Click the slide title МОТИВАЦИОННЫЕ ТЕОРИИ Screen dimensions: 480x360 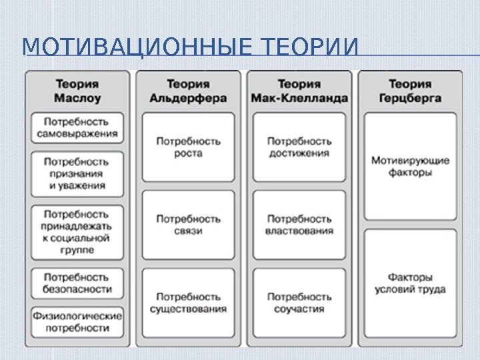pyautogui.click(x=189, y=49)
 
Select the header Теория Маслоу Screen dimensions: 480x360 pyautogui.click(x=77, y=91)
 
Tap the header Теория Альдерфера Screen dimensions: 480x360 pyautogui.click(x=188, y=91)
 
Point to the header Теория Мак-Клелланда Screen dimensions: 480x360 pyautogui.click(x=299, y=91)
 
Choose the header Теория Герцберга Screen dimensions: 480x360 pyautogui.click(x=410, y=91)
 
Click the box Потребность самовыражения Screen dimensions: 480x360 pyautogui.click(x=77, y=128)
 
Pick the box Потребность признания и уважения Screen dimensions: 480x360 pyautogui.click(x=77, y=173)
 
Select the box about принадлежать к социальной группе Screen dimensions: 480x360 pyautogui.click(x=77, y=232)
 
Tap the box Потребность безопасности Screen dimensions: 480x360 pyautogui.click(x=77, y=283)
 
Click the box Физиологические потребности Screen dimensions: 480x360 pyautogui.click(x=77, y=322)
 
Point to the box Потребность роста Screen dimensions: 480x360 pyautogui.click(x=188, y=147)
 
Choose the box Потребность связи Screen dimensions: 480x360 pyautogui.click(x=188, y=225)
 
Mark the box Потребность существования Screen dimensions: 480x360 pyautogui.click(x=188, y=303)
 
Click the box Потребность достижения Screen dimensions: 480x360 pyautogui.click(x=299, y=147)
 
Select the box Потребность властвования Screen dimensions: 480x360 pyautogui.click(x=299, y=225)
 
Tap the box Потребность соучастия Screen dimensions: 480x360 pyautogui.click(x=299, y=303)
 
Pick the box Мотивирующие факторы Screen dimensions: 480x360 pyautogui.click(x=410, y=166)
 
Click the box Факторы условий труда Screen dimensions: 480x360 pyautogui.click(x=410, y=283)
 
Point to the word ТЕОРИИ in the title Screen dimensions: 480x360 pyautogui.click(x=311, y=49)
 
